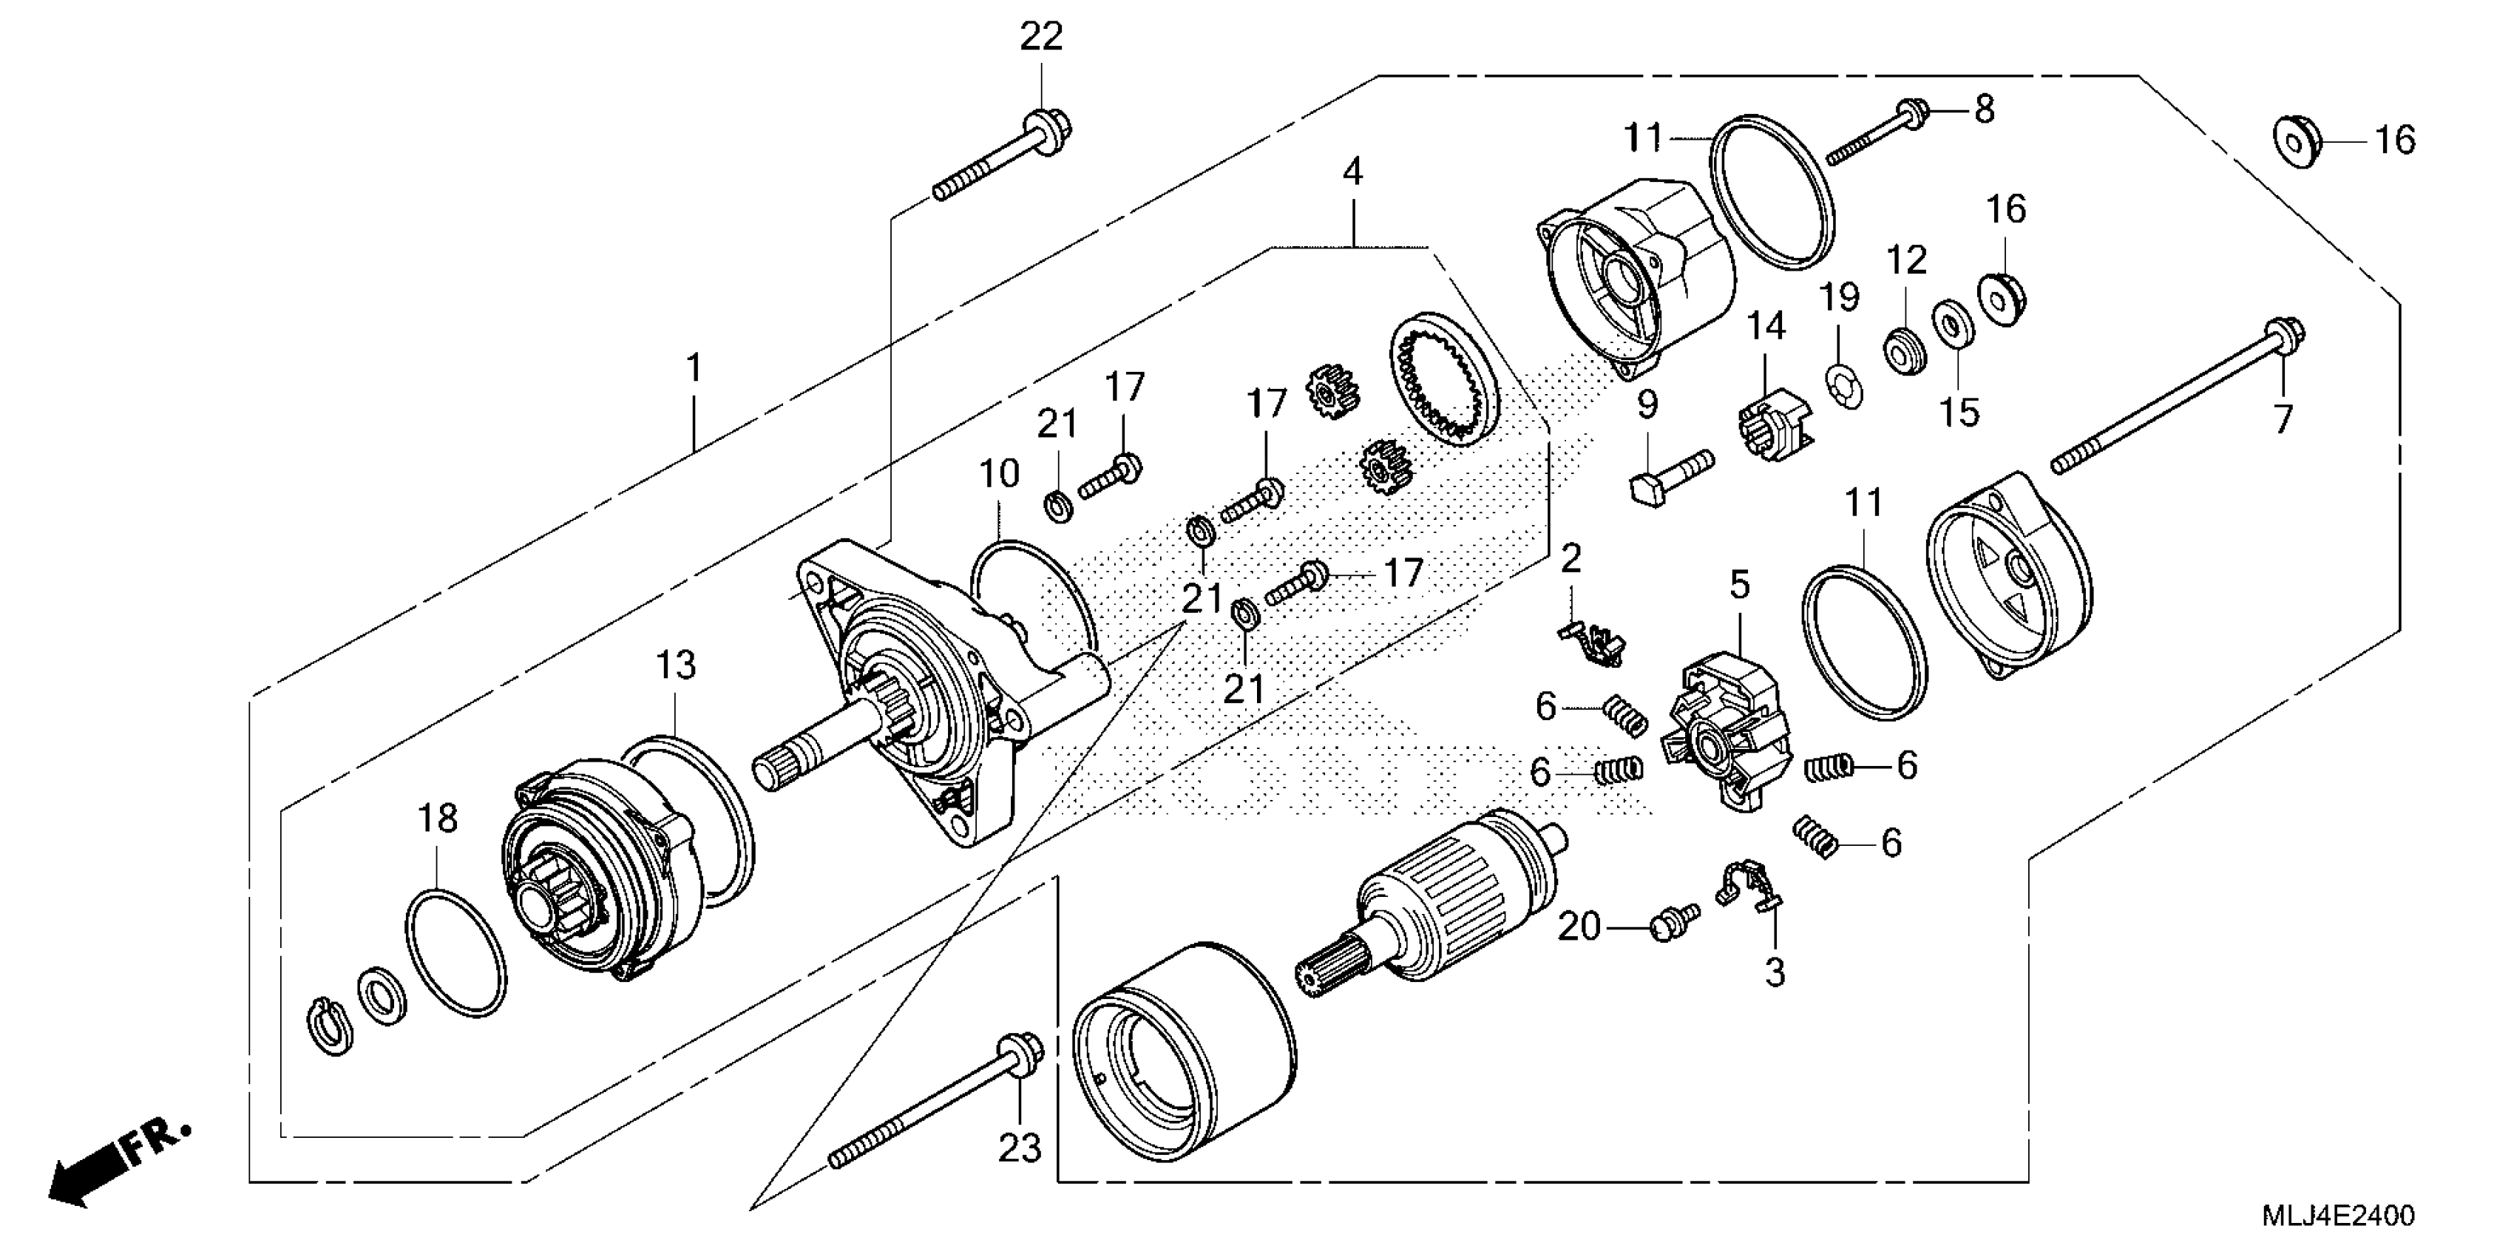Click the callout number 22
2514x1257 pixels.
pos(1040,37)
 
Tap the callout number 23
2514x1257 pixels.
pos(1020,1148)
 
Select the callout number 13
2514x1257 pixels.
pos(675,665)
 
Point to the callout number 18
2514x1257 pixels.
pos(437,818)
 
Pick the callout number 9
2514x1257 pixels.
pos(1647,404)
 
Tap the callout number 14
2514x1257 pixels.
pos(1766,326)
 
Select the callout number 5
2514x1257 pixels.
pos(1740,585)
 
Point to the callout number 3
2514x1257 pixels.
pos(1775,972)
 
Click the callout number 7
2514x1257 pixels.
pos(2283,420)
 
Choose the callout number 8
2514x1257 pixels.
pos(1984,109)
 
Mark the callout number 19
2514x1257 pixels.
pos(1840,297)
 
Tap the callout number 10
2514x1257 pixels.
pos(998,474)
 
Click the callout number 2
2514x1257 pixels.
pos(1571,559)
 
